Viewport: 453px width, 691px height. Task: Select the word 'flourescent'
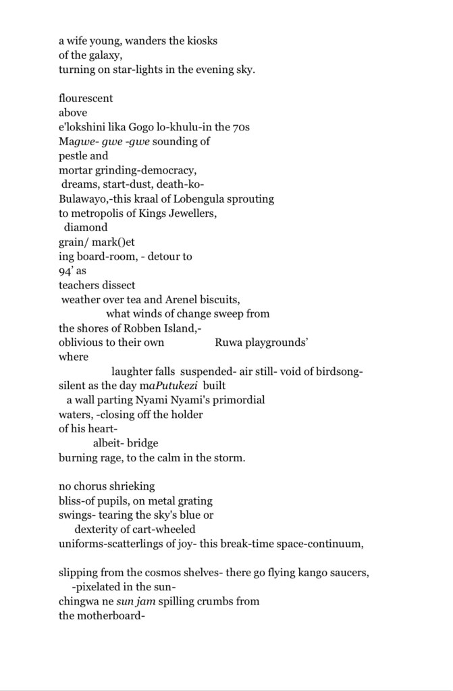(x=86, y=98)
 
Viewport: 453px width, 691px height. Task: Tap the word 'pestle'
(x=73, y=156)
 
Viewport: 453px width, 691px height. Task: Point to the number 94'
(x=65, y=271)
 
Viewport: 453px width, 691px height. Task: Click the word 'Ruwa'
(x=228, y=342)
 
